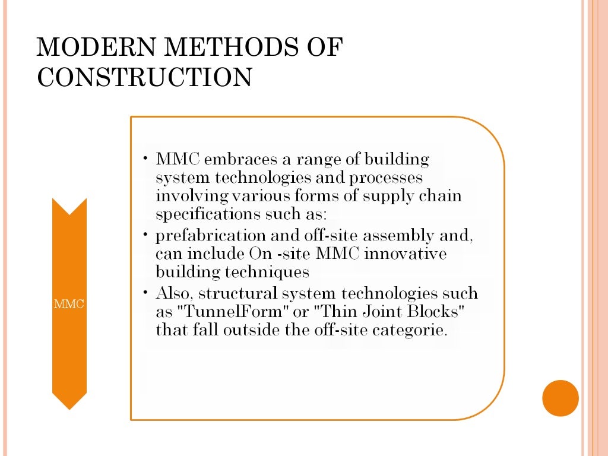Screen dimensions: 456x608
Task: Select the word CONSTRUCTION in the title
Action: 144,78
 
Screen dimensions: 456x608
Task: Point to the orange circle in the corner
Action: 560,398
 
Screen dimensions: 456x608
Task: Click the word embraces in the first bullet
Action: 232,160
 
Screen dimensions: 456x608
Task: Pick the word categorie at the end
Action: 408,330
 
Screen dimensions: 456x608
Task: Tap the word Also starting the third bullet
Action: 172,294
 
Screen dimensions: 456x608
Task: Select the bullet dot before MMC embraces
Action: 145,160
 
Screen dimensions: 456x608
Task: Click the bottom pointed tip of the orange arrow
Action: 69,408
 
